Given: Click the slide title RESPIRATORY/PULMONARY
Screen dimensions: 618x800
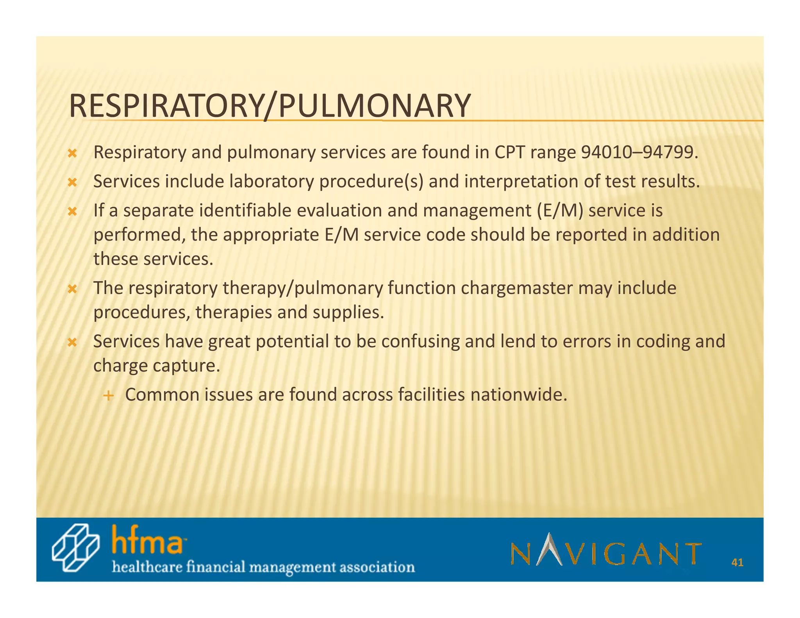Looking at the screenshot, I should click(x=270, y=106).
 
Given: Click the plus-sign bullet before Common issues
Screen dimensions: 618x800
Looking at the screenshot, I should click(x=108, y=396).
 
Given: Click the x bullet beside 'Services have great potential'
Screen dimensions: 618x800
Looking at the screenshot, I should click(x=72, y=343).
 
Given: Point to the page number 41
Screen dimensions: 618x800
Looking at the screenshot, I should click(x=737, y=563).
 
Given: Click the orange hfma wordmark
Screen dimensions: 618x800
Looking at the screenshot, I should click(x=147, y=539).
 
